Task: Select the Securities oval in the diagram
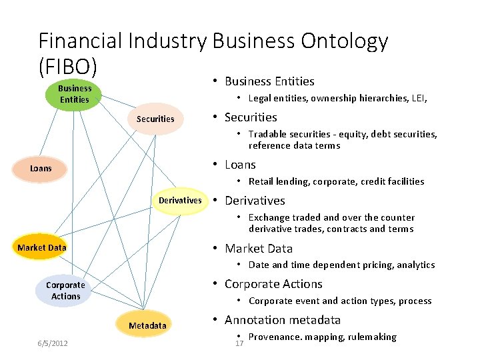tap(155, 119)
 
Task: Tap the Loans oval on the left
tap(41, 169)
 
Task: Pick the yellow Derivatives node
tap(179, 201)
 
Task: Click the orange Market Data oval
tap(42, 248)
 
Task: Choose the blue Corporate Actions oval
tap(65, 291)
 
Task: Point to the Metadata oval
tap(147, 325)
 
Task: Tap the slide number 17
tap(240, 344)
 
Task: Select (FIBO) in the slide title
tap(67, 67)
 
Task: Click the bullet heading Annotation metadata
tap(283, 320)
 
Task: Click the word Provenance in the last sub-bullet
tap(275, 337)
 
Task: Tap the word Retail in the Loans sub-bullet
tap(262, 181)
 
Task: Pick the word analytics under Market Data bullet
tap(415, 265)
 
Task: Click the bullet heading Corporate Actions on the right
tap(273, 284)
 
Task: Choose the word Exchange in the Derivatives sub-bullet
tap(269, 217)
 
